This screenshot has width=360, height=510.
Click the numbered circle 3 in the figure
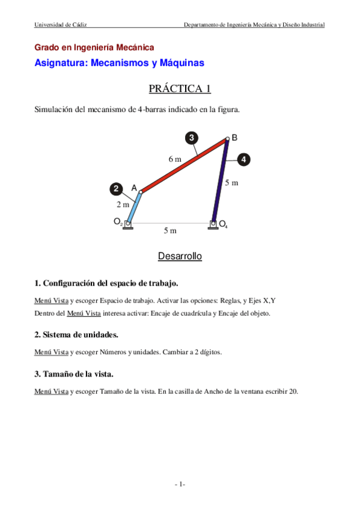coord(191,138)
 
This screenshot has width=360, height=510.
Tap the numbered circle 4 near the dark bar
coord(243,160)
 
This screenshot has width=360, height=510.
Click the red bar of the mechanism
coord(183,166)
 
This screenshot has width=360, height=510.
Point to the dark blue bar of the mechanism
coord(221,180)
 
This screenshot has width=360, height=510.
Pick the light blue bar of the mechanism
coord(135,207)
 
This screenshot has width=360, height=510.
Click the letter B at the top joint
coord(234,138)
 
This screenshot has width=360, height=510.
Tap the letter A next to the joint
coord(134,188)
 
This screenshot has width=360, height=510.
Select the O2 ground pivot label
coord(118,222)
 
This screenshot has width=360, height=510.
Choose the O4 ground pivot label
coord(223,224)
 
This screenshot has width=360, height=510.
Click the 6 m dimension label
coord(174,159)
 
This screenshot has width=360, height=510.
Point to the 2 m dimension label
coord(123,204)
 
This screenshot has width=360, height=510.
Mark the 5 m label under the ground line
coord(171,230)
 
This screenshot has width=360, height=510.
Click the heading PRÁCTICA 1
coord(180,89)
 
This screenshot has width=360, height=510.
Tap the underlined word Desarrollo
coord(180,256)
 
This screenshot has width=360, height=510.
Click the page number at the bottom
coord(180,485)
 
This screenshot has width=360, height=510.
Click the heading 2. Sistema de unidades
coord(77,334)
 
